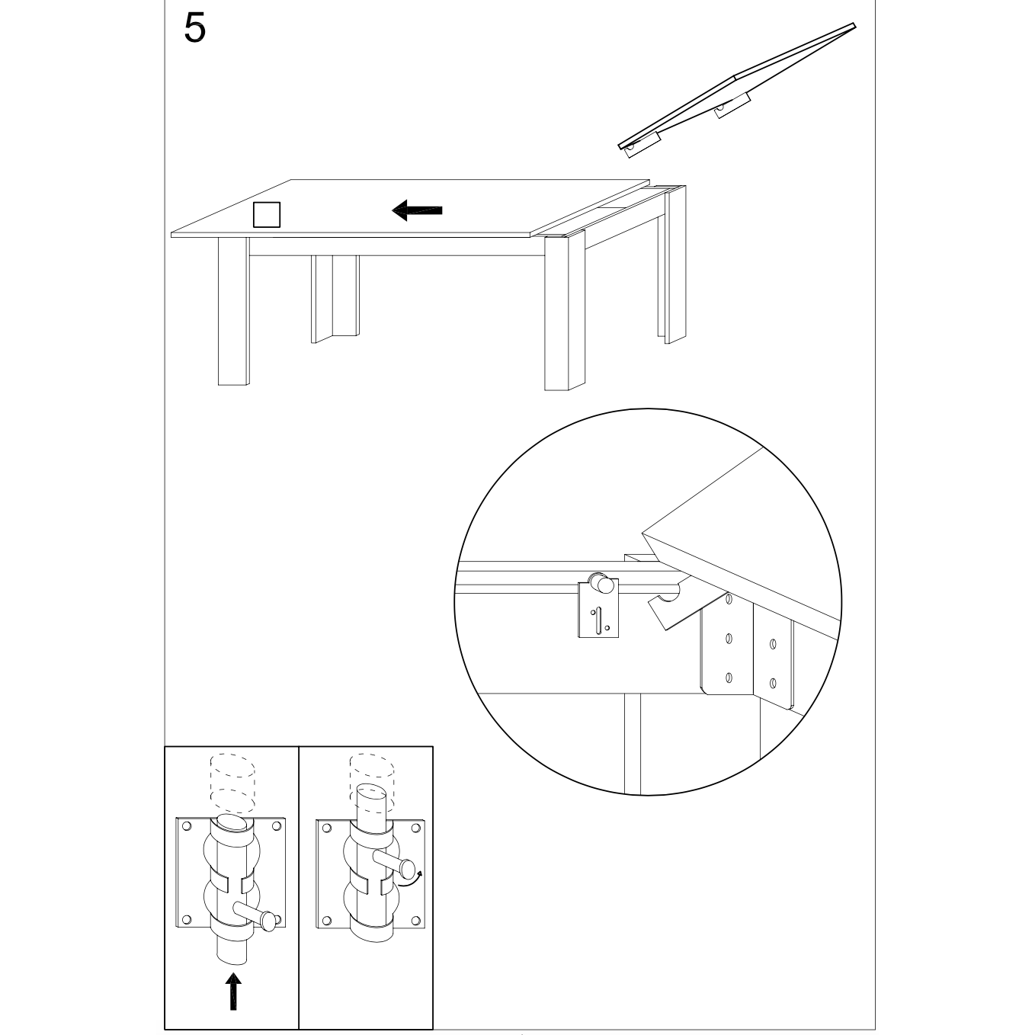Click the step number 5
pos(195,29)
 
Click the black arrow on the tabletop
pos(417,210)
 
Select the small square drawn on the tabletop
pos(267,214)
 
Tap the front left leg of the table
pos(232,312)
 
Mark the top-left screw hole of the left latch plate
pos(185,825)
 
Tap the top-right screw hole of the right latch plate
pos(416,828)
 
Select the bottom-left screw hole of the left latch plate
pos(185,919)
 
